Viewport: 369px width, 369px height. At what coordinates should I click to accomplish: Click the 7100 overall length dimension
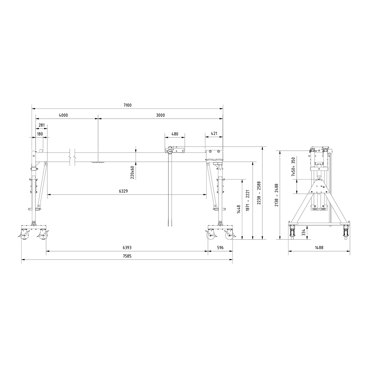point(128,105)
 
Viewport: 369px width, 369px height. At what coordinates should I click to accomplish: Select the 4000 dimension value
point(63,115)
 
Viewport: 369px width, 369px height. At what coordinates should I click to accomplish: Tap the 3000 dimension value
point(160,115)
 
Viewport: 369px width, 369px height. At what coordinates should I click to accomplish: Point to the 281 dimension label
point(42,125)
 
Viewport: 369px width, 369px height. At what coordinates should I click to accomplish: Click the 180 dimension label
point(40,134)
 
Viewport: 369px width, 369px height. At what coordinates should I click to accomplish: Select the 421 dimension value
point(214,134)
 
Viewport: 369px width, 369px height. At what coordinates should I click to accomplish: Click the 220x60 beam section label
point(132,172)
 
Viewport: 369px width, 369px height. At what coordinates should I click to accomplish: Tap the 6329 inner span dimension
point(124,191)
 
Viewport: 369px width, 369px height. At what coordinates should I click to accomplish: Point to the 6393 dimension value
point(127,248)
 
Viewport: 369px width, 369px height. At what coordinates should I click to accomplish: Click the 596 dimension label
point(220,248)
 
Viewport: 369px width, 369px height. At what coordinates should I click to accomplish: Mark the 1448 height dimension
point(239,209)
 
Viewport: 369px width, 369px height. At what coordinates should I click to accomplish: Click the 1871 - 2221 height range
point(248,200)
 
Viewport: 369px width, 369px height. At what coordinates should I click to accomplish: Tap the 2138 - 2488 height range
point(277,195)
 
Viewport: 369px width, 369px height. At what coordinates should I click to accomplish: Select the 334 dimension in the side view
point(304,232)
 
